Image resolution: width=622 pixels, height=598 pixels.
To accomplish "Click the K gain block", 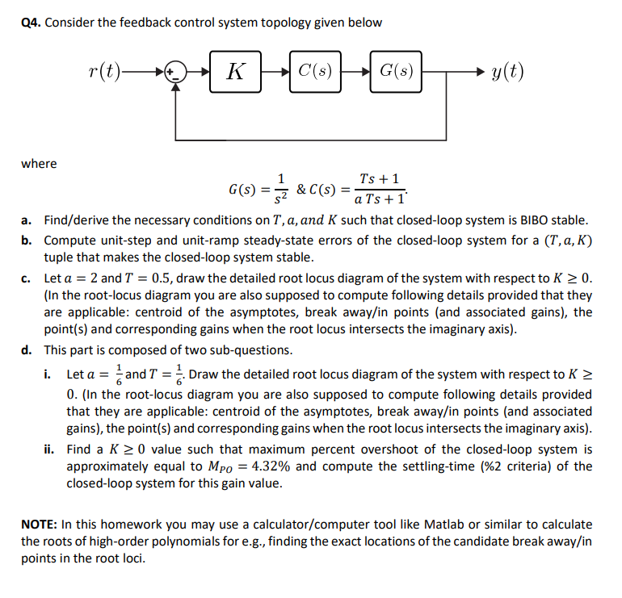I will [x=236, y=71].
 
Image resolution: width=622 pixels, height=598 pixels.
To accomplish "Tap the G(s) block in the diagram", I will [x=397, y=71].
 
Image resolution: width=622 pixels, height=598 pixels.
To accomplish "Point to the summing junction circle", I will [x=174, y=71].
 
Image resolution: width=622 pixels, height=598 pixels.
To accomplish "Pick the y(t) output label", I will [x=506, y=71].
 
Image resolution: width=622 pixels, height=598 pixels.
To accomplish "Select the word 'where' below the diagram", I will [x=39, y=163].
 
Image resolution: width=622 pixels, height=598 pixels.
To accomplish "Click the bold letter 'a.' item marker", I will [x=27, y=220].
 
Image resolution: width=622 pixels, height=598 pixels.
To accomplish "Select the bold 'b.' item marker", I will [x=27, y=240].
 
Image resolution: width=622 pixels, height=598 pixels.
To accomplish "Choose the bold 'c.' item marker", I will [x=27, y=278].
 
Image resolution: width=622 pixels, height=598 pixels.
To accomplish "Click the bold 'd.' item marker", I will [x=27, y=350].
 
